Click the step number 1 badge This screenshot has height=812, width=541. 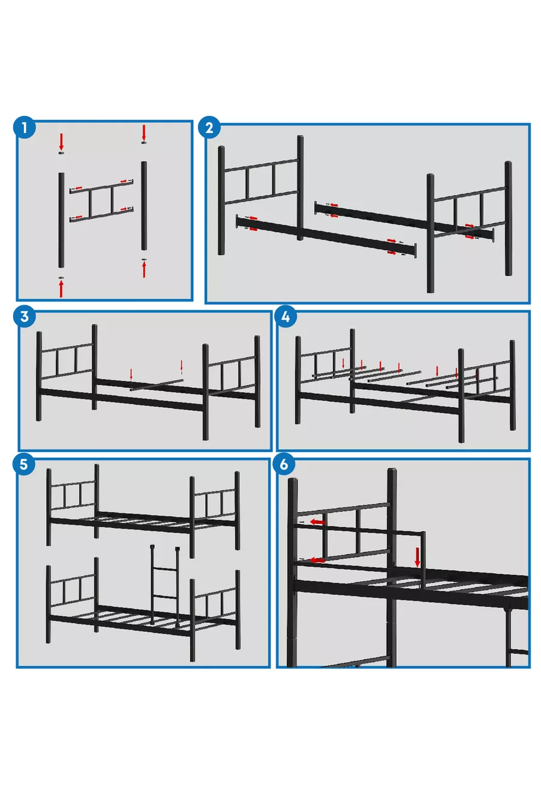click(24, 128)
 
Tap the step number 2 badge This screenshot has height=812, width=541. click(209, 128)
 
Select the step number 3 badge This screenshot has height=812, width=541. click(24, 316)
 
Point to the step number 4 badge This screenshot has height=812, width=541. click(286, 316)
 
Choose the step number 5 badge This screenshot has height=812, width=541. click(23, 464)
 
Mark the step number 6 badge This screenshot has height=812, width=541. click(284, 464)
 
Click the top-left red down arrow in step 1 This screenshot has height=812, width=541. click(61, 142)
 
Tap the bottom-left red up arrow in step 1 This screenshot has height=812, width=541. click(61, 289)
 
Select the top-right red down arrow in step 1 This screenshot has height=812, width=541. click(144, 133)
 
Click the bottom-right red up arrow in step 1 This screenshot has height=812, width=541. click(144, 269)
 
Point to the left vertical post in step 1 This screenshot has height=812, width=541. click(61, 220)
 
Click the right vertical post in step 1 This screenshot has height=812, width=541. click(144, 206)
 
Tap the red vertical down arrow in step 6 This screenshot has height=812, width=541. click(417, 557)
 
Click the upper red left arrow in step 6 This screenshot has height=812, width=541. click(318, 521)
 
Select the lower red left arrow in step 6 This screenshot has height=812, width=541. click(317, 560)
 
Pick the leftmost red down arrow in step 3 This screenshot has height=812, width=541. click(131, 375)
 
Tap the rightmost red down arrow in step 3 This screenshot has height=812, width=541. click(182, 366)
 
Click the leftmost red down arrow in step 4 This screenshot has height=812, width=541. click(343, 363)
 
